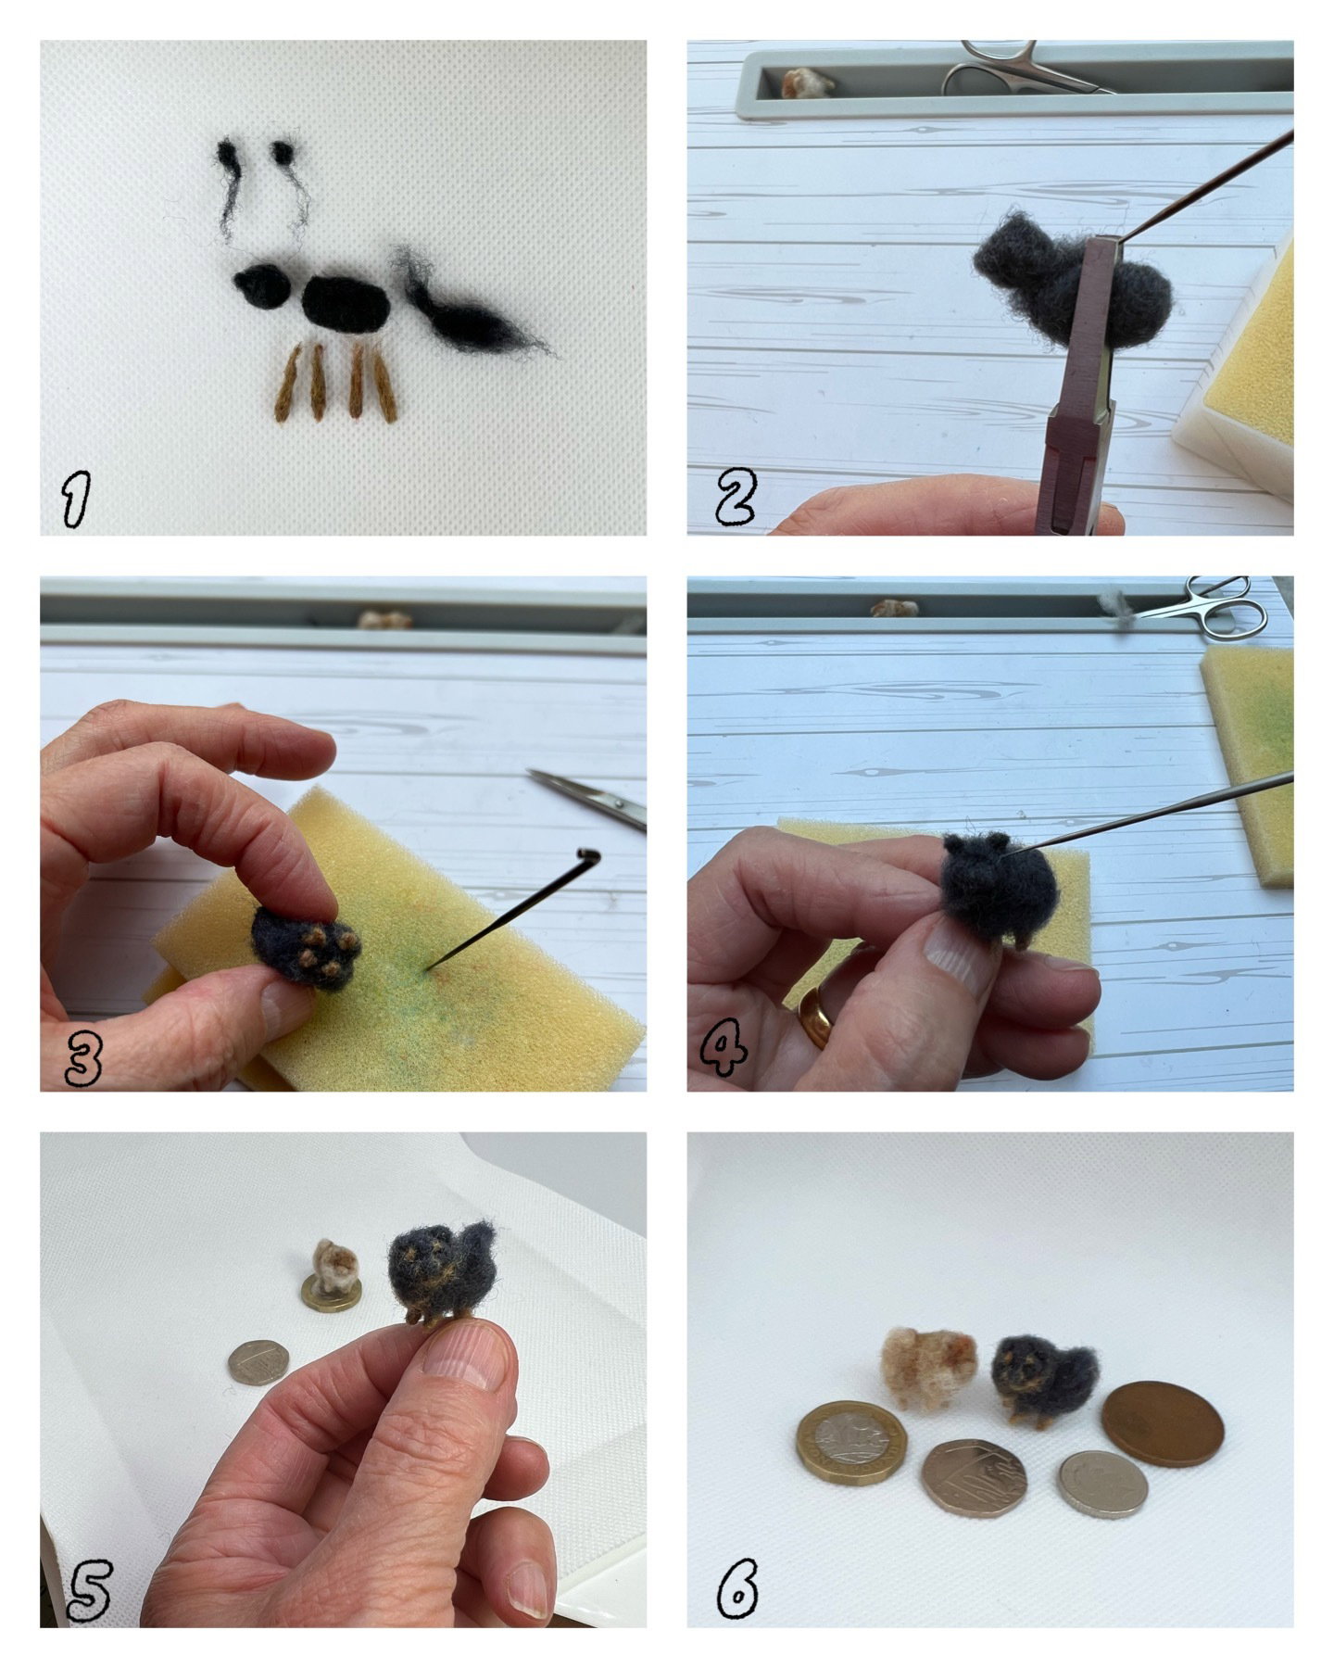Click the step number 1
[75, 499]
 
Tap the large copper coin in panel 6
[1163, 1422]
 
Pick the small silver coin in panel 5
[258, 1362]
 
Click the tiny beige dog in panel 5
[334, 1268]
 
